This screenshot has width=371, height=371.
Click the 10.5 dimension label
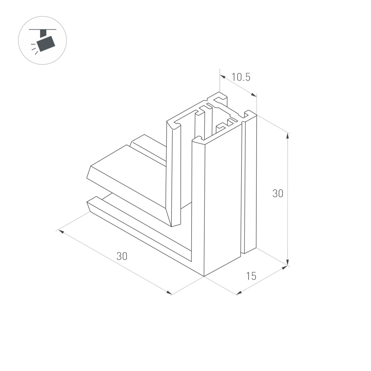(x=241, y=77)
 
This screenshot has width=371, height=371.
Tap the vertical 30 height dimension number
(x=278, y=193)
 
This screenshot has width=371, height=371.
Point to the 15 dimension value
(x=251, y=276)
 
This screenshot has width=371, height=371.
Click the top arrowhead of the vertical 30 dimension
(x=288, y=135)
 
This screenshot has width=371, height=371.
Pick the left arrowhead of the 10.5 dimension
(x=222, y=76)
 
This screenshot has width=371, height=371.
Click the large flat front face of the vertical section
(x=223, y=204)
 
